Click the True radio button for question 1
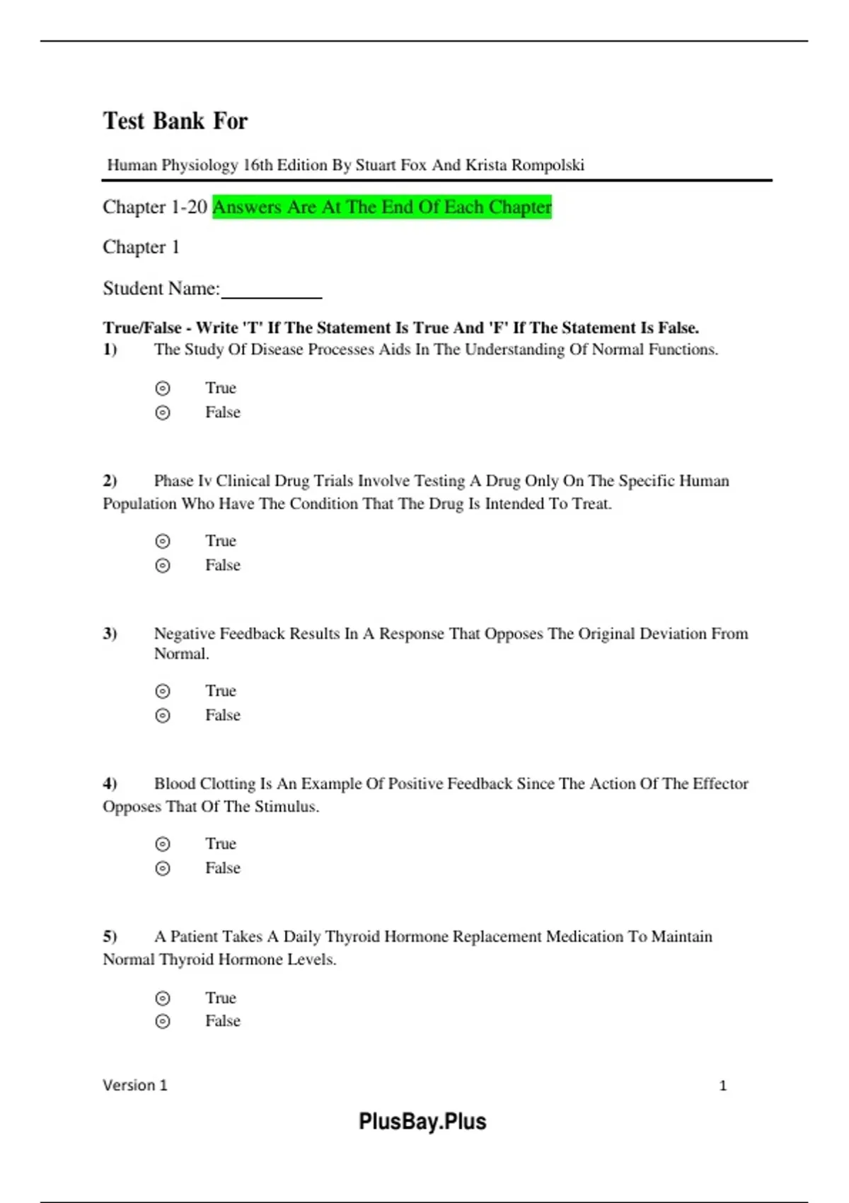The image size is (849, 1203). point(163,388)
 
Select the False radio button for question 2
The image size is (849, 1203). point(163,565)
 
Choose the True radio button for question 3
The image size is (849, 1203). point(163,691)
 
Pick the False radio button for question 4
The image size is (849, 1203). point(163,868)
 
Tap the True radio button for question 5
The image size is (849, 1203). point(163,998)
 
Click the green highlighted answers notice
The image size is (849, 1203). point(382,207)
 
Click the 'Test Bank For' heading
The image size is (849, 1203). point(175,121)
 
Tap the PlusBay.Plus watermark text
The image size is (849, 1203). point(422,1122)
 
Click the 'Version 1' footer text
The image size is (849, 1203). point(135,1086)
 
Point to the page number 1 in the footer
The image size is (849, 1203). point(723,1086)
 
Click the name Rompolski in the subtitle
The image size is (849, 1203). point(548,166)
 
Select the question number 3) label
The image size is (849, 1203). point(110,633)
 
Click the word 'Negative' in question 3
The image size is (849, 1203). point(185,633)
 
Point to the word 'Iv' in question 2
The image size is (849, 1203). point(204,481)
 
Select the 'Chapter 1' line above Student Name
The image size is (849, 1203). point(141,247)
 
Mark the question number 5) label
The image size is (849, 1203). point(110,937)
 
